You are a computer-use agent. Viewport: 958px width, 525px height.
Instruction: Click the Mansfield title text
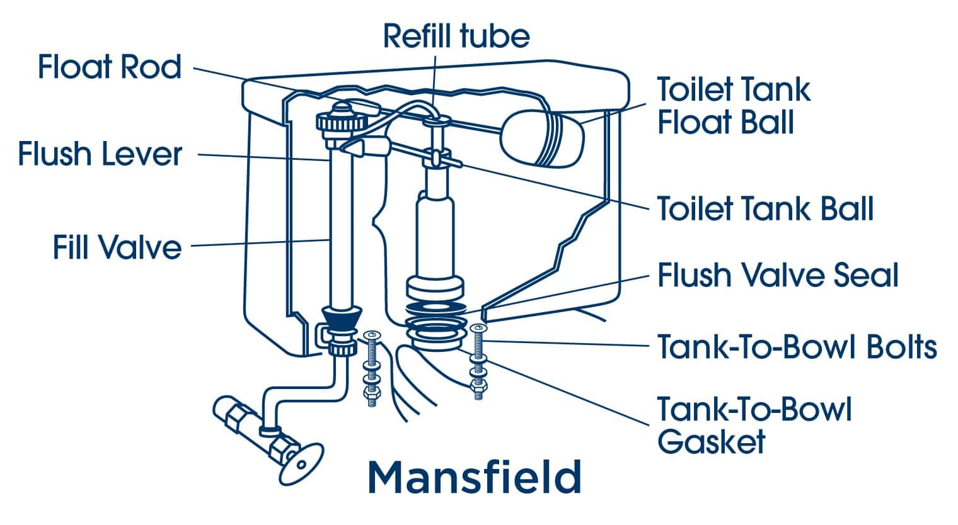click(x=474, y=477)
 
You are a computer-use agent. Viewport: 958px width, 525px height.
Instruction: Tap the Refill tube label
click(x=456, y=36)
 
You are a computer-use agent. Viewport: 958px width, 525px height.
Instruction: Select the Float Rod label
click(x=110, y=67)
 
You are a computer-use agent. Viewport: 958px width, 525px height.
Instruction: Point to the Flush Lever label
click(x=100, y=154)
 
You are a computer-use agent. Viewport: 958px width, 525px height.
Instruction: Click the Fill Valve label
click(x=117, y=247)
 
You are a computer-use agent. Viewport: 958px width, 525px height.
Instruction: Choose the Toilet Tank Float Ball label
click(x=733, y=106)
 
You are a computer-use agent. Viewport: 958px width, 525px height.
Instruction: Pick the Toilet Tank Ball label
click(x=765, y=208)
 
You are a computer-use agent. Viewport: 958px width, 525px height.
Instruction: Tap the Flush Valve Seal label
click(x=778, y=275)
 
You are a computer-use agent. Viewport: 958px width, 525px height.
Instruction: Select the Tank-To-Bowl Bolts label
click(x=797, y=346)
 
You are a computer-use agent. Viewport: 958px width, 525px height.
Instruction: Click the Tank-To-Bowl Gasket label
click(x=754, y=425)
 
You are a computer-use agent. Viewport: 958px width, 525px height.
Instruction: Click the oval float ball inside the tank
click(x=542, y=138)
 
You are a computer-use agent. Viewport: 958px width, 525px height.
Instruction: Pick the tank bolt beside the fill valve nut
click(x=370, y=365)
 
